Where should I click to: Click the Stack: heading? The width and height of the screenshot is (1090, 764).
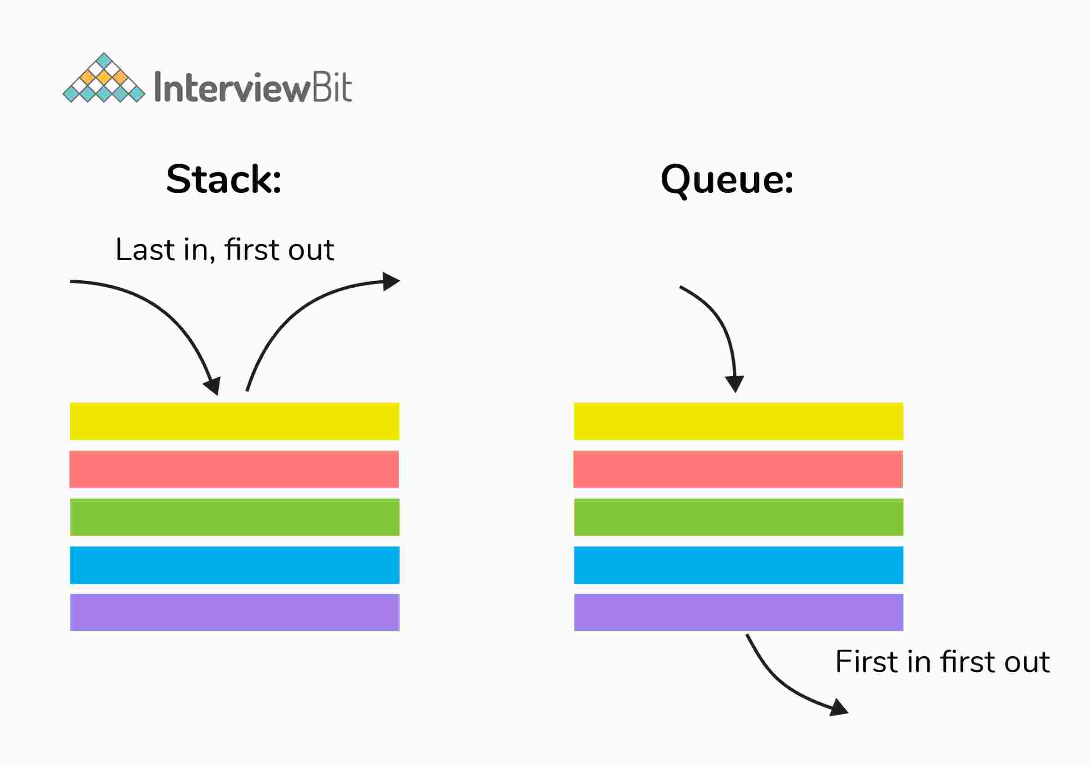[224, 179]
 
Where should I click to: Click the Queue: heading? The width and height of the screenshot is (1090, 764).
[727, 179]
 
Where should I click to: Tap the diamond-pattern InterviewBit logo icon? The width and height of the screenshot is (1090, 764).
[104, 78]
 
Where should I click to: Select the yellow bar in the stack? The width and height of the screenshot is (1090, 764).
[235, 421]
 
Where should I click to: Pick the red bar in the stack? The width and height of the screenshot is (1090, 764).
[234, 469]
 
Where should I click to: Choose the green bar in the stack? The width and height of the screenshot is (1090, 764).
[235, 517]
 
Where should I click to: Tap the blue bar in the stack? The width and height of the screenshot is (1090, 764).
[235, 565]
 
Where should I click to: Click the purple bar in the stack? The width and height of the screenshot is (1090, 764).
[235, 612]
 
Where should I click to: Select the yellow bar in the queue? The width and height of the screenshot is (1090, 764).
[738, 421]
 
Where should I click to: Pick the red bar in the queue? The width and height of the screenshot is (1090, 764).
[738, 469]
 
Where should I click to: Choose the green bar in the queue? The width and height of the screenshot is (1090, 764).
[738, 517]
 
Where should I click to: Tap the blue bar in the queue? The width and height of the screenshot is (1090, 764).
[738, 565]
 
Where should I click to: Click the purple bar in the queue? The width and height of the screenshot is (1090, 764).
[738, 612]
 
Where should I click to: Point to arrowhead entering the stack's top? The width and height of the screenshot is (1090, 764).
[213, 386]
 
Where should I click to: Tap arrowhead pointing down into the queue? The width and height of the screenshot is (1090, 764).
[734, 383]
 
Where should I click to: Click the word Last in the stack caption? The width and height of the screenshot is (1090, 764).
[145, 250]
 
